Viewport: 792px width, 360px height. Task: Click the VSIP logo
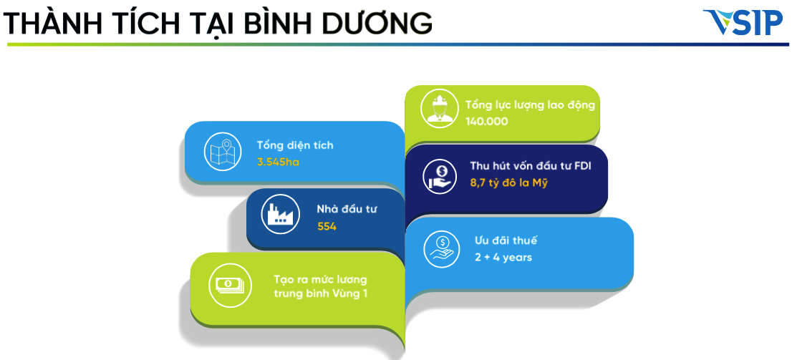coord(743,22)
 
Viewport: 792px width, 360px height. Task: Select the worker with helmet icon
coord(440,109)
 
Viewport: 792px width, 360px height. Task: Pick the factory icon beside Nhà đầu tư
coord(280,214)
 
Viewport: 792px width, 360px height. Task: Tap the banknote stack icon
coord(227,285)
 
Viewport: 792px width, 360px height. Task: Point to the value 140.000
coord(486,122)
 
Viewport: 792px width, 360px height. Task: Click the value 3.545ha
coord(278,162)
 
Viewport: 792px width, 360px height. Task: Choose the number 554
coord(327,227)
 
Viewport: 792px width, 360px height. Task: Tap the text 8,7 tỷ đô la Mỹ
coord(508,183)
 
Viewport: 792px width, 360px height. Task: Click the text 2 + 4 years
coord(503,257)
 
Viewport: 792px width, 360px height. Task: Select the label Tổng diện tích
coord(295,145)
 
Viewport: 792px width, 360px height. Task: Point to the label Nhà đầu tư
coord(347,210)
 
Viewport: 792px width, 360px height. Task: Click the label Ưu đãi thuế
coord(506,240)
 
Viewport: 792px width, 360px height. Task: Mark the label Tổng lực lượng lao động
coord(531,105)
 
